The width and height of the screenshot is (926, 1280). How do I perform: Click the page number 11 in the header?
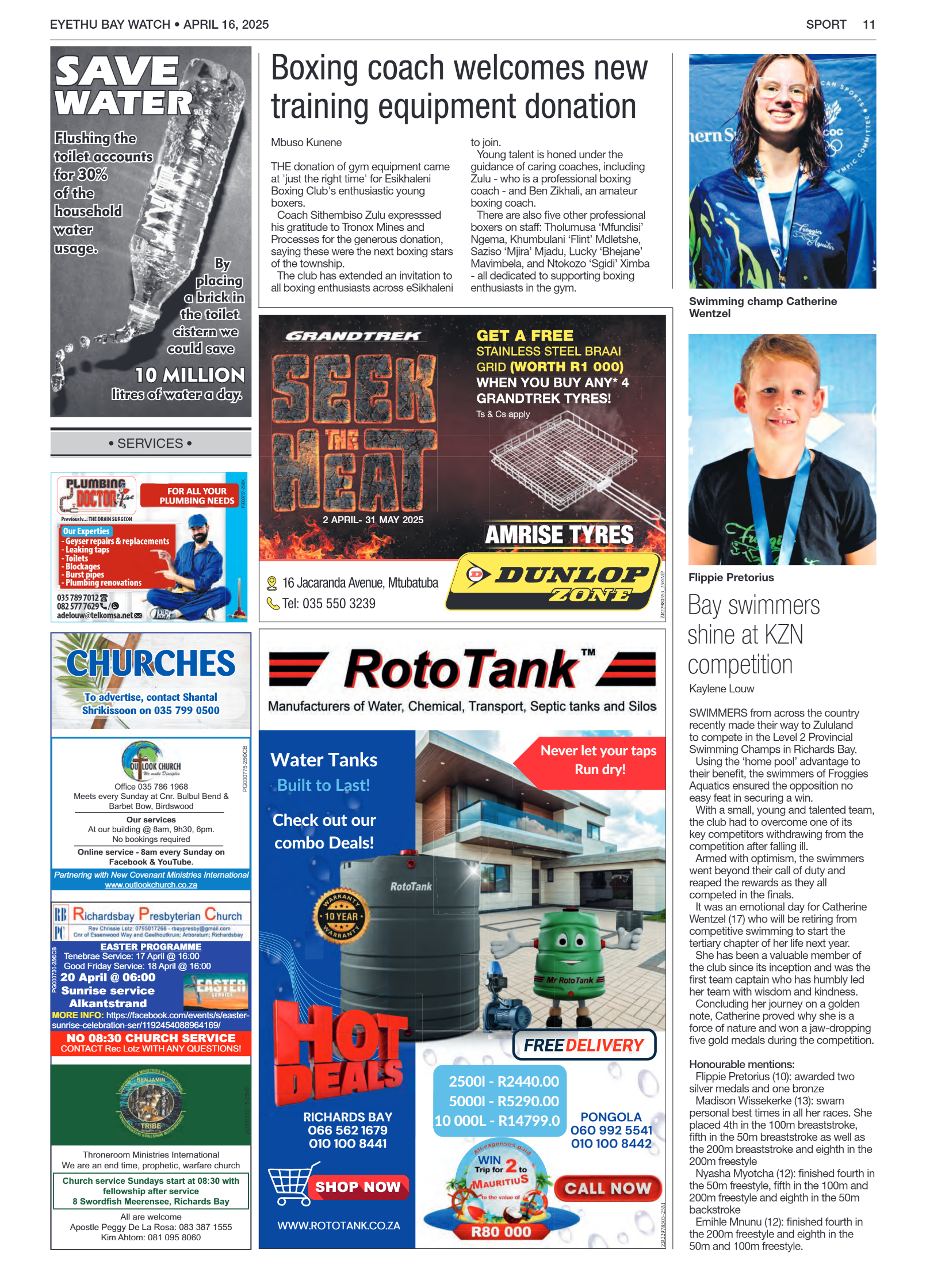[x=868, y=25]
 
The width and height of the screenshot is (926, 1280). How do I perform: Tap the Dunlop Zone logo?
[x=554, y=581]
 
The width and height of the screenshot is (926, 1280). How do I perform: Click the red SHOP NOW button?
[x=357, y=1187]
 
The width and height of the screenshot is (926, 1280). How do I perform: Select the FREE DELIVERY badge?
[x=584, y=1045]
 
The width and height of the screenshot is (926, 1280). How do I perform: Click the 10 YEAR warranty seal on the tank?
[x=341, y=916]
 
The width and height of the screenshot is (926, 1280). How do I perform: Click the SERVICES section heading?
[x=150, y=443]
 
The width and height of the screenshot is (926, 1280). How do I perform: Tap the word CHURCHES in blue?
[x=151, y=663]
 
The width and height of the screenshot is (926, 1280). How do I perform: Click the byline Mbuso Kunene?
[x=306, y=142]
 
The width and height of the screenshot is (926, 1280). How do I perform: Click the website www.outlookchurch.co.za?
[x=151, y=885]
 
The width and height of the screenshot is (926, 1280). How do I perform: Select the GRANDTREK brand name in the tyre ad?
[x=353, y=336]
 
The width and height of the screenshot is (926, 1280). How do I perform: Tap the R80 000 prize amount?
[x=501, y=1232]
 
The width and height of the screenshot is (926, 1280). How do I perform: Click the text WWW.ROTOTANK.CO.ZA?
[x=338, y=1225]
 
